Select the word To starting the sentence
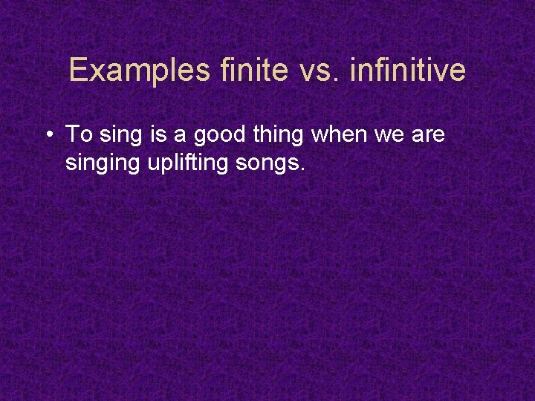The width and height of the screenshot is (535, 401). tap(77, 134)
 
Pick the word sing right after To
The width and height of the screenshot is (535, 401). tap(117, 136)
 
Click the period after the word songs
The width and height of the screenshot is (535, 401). tap(302, 169)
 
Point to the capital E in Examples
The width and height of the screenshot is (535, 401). tap(78, 71)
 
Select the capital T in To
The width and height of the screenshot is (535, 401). tap(72, 134)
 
